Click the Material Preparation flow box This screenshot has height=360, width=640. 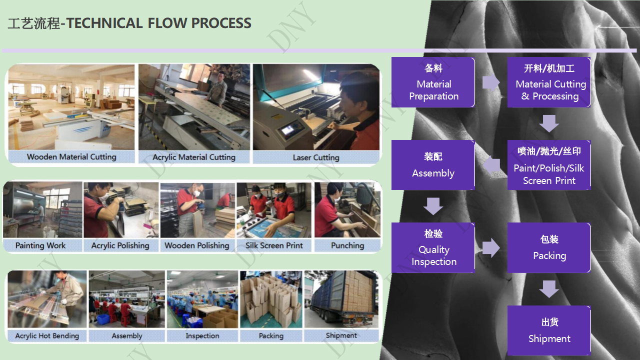[433, 82]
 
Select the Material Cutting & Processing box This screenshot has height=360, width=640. [549, 82]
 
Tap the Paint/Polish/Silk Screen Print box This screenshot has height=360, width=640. [549, 165]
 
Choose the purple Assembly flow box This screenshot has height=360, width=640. [433, 165]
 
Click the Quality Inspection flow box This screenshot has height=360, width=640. [433, 247]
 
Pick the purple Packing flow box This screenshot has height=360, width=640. [549, 247]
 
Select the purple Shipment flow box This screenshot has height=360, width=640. [549, 330]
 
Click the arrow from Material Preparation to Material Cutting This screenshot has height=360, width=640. [491, 82]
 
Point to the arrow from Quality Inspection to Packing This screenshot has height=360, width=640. [491, 248]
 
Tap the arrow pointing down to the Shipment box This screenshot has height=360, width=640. [549, 289]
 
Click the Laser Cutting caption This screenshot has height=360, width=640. [316, 157]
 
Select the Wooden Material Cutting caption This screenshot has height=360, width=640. [71, 157]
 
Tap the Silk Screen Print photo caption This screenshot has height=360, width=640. [274, 245]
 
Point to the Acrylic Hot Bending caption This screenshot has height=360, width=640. [47, 335]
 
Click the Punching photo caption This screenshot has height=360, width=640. [347, 245]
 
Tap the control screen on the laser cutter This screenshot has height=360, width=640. [288, 129]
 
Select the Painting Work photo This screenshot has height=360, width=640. [42, 209]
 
